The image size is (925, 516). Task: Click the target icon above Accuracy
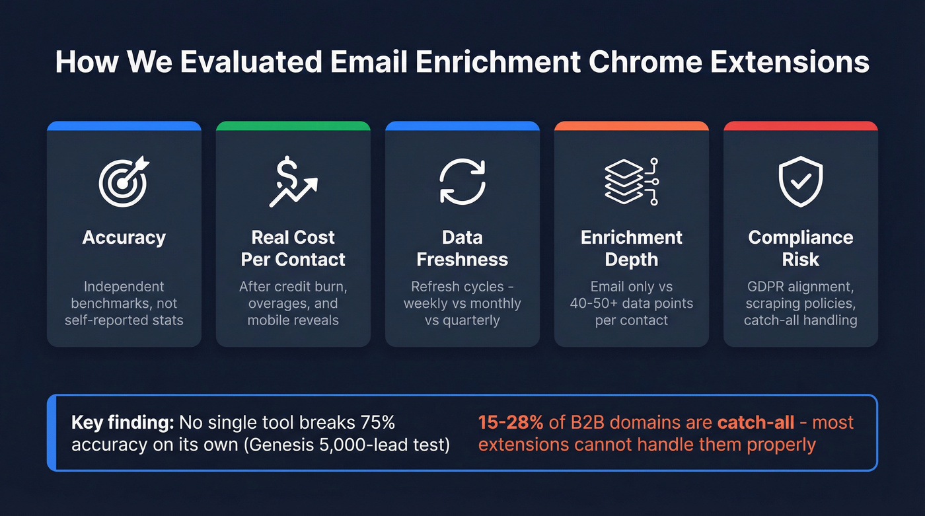pyautogui.click(x=124, y=182)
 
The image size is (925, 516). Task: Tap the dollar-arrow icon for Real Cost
pyautogui.click(x=293, y=182)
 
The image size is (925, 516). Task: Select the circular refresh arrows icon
pyautogui.click(x=462, y=182)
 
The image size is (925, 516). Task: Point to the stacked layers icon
pyautogui.click(x=631, y=182)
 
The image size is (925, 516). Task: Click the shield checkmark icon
pyautogui.click(x=800, y=182)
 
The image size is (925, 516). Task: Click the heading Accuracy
pyautogui.click(x=124, y=238)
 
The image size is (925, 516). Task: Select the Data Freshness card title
pyautogui.click(x=462, y=248)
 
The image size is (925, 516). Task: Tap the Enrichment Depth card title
pyautogui.click(x=631, y=248)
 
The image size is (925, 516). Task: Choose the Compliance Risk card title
pyautogui.click(x=800, y=248)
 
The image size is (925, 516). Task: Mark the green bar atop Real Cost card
pyautogui.click(x=293, y=125)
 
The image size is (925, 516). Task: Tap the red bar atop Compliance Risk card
pyautogui.click(x=800, y=125)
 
